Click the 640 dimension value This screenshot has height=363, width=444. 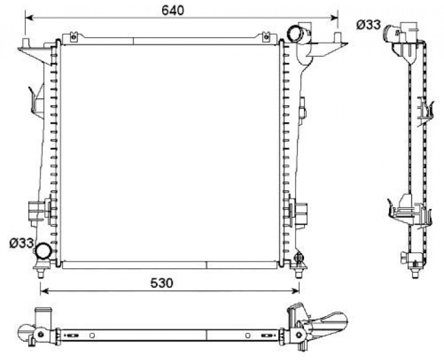[x=173, y=10]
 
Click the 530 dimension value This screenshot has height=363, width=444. [x=161, y=283]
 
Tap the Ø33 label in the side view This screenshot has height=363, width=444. [x=369, y=25]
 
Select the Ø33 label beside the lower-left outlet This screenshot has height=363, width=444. [x=21, y=243]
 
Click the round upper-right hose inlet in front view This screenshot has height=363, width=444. [x=295, y=33]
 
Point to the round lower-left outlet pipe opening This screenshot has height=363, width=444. [x=43, y=250]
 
